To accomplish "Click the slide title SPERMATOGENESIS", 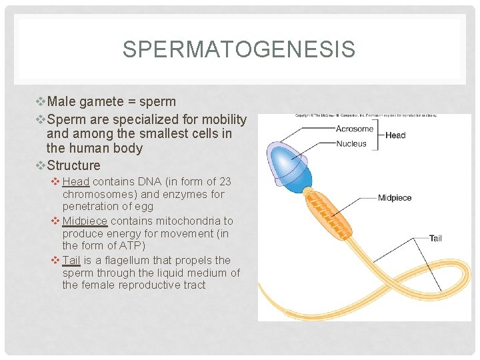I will [239, 49].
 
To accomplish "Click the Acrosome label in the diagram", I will [355, 129].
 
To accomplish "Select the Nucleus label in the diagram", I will [351, 143].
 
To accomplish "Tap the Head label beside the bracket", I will [395, 135].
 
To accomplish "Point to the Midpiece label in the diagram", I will [395, 197].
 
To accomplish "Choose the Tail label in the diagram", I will [435, 238].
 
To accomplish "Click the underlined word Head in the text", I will [76, 182].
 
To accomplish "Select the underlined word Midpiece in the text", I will [85, 221].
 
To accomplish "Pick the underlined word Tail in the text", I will [72, 260].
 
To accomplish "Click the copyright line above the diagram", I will [366, 116].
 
